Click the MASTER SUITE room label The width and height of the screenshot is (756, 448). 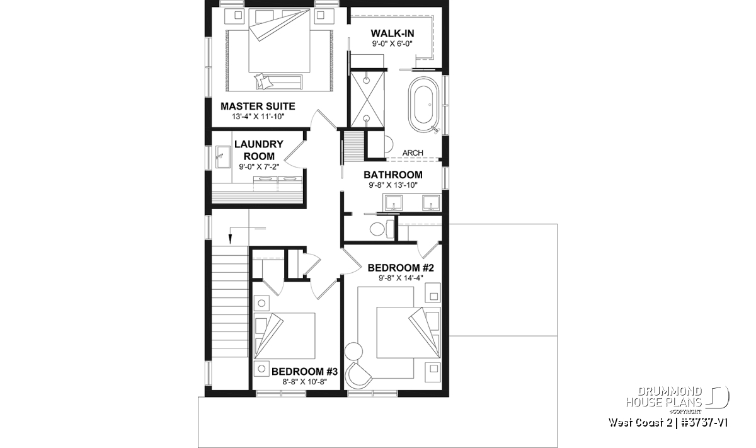click(x=258, y=106)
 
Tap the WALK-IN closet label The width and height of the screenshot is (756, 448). click(x=392, y=33)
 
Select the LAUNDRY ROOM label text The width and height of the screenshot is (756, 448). click(x=259, y=150)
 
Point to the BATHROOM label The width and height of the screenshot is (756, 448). click(x=393, y=175)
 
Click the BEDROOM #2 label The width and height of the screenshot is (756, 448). click(x=401, y=268)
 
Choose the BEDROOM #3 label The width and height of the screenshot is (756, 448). click(x=304, y=372)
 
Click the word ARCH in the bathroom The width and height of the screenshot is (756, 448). click(x=413, y=153)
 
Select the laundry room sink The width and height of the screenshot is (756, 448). click(x=224, y=157)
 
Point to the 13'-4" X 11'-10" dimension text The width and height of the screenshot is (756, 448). click(x=258, y=117)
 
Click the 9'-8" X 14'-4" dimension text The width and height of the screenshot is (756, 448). click(x=401, y=278)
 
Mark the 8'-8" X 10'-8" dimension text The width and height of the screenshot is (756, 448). click(x=305, y=382)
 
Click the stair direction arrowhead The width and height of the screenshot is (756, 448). click(x=230, y=239)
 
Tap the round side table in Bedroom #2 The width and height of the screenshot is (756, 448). click(x=353, y=351)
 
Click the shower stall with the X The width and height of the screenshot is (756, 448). click(x=367, y=100)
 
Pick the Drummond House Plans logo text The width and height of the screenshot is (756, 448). click(x=664, y=397)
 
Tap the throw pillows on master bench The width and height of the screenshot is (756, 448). click(x=263, y=82)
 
